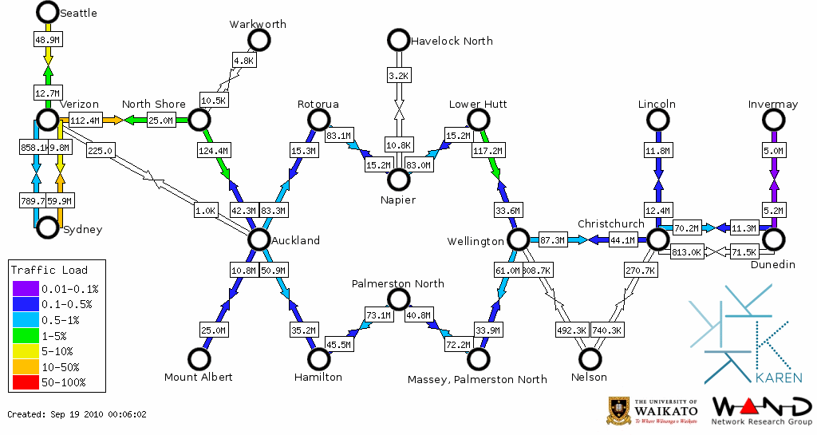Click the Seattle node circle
point(48,12)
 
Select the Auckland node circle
point(259,239)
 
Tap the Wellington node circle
point(518,239)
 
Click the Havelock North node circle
point(397,39)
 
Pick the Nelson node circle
point(590,359)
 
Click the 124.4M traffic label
point(213,150)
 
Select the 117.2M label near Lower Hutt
point(487,150)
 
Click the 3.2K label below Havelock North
point(397,75)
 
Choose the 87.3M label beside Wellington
point(552,239)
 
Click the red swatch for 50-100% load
point(25,382)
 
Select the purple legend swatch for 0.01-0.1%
point(25,289)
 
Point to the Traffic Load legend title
point(49,270)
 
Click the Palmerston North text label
point(398,283)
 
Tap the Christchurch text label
point(610,224)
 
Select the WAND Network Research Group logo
point(762,410)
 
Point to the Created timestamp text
point(77,414)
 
